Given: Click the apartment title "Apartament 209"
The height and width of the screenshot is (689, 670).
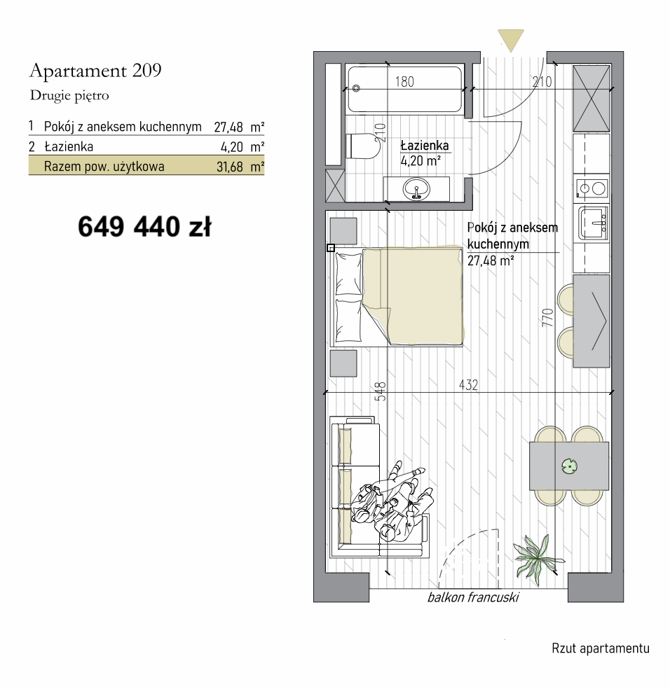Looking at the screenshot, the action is click(x=95, y=70).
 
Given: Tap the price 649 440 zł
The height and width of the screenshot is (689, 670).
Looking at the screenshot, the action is click(x=145, y=227).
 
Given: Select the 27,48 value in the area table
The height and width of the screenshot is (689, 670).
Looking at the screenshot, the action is click(x=228, y=127).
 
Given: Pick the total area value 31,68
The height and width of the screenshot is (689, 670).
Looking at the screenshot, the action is click(x=230, y=167).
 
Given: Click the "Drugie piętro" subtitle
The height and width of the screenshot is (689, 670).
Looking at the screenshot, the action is click(x=69, y=95).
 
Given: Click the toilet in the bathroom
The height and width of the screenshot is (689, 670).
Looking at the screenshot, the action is click(x=363, y=146).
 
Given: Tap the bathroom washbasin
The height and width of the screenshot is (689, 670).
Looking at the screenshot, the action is click(x=416, y=189).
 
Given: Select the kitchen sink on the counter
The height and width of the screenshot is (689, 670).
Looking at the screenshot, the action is click(x=593, y=223).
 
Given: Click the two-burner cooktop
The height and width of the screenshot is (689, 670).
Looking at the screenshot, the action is click(x=592, y=188).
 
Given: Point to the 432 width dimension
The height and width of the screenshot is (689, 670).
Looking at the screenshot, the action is click(x=468, y=385).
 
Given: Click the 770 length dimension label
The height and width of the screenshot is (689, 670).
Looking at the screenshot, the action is click(x=547, y=317).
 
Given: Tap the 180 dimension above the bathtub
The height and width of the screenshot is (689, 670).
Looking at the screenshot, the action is click(x=404, y=82).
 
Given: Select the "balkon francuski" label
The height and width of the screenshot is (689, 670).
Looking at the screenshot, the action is click(x=473, y=597).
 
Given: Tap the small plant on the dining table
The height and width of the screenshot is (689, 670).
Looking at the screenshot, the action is click(x=570, y=466).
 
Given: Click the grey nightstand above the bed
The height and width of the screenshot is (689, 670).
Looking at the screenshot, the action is click(x=343, y=230).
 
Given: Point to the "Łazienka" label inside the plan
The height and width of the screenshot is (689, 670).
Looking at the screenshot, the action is click(x=425, y=146).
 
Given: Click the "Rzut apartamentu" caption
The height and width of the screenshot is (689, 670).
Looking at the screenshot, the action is click(x=601, y=648).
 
